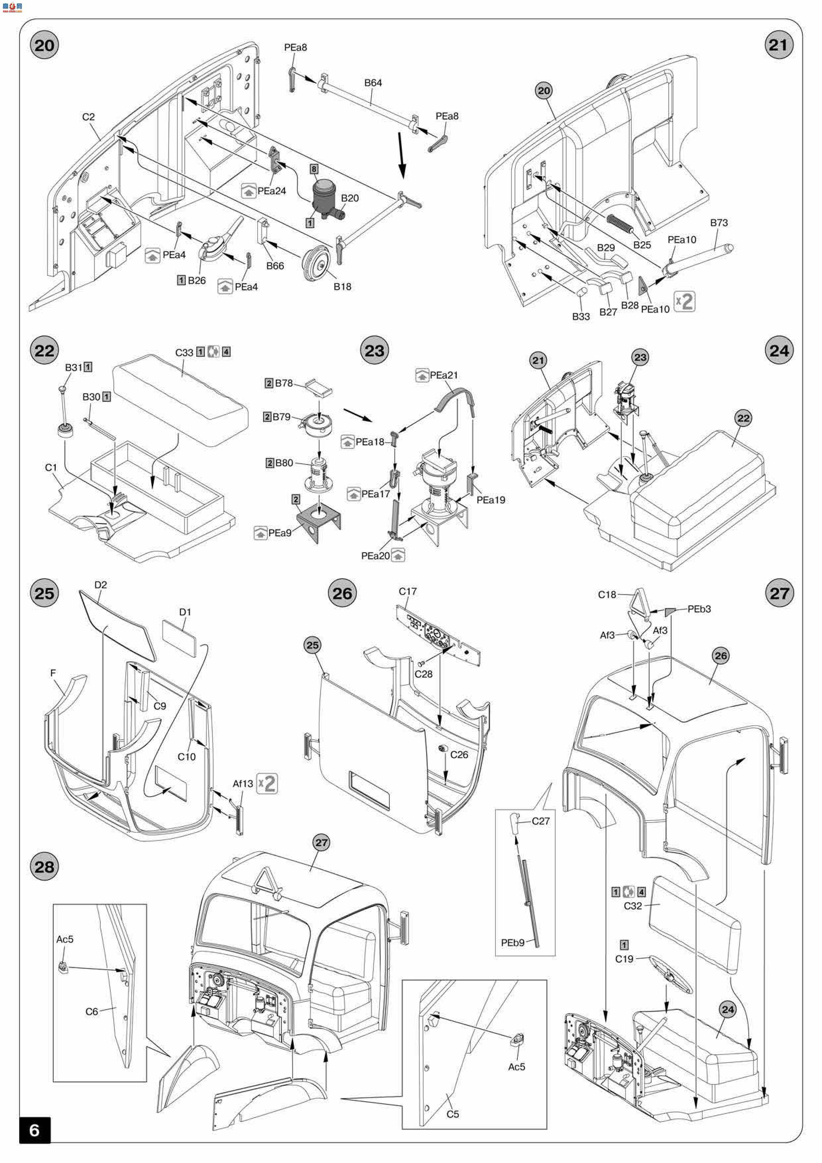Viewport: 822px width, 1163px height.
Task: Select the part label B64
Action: click(x=373, y=83)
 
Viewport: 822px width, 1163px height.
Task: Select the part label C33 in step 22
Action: click(x=184, y=352)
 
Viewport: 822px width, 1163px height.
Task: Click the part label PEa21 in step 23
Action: click(x=444, y=375)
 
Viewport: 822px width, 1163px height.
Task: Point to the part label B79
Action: click(x=282, y=417)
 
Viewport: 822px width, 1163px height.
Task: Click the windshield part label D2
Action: click(x=101, y=584)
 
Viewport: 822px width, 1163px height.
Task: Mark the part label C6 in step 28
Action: click(x=92, y=1011)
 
